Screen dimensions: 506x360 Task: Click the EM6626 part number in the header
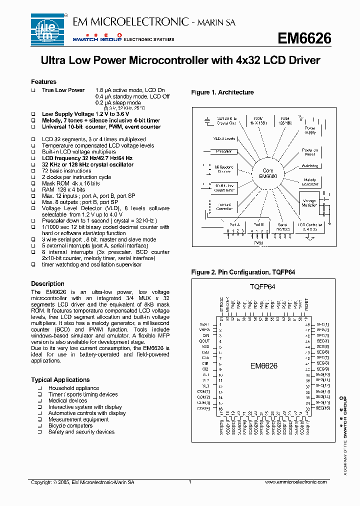click(x=304, y=38)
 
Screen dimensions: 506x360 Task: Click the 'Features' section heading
click(x=43, y=82)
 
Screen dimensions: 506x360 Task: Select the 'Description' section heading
click(x=47, y=284)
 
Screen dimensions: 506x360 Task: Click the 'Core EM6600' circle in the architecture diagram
click(x=267, y=173)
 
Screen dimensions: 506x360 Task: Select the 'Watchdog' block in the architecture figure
click(x=310, y=165)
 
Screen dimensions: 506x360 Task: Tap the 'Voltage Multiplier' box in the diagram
click(x=309, y=202)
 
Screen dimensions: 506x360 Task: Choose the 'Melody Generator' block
click(x=310, y=182)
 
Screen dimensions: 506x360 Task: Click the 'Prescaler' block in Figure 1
click(x=224, y=151)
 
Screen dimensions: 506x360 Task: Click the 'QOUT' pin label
click(x=204, y=341)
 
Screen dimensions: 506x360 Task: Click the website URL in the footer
click(x=295, y=482)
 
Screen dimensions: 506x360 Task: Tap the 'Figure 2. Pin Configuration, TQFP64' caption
click(x=240, y=272)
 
